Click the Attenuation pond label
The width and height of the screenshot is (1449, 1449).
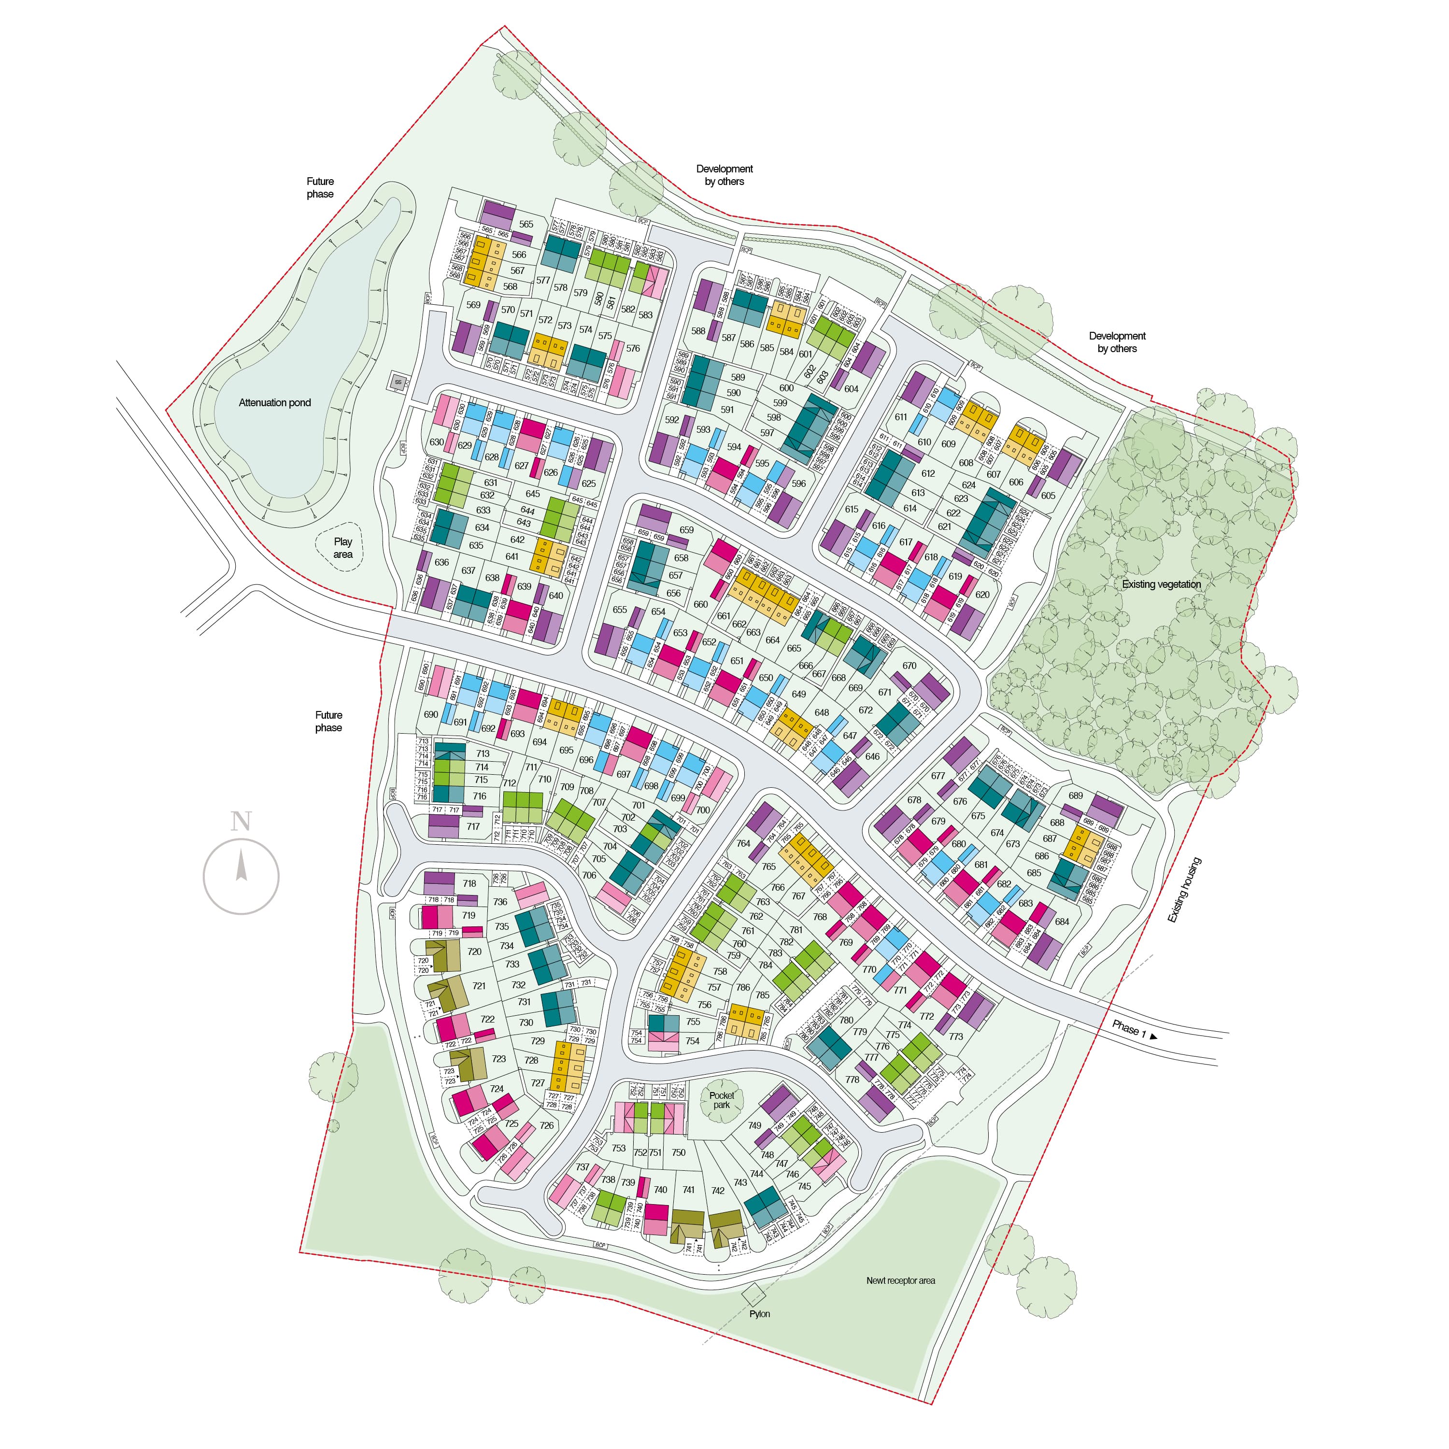point(274,403)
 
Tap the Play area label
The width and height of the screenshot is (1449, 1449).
point(343,548)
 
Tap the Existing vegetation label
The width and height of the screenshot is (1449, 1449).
point(1161,584)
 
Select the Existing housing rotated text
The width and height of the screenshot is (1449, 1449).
point(1184,890)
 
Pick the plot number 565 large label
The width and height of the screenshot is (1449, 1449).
point(526,224)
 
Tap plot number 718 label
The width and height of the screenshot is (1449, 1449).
point(469,883)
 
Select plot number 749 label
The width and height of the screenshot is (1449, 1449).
point(754,1125)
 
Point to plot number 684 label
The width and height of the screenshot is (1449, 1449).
point(1062,922)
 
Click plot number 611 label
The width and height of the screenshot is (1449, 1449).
point(901,417)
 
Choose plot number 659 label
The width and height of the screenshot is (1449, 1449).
point(686,529)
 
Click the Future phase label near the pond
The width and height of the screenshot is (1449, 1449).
point(320,187)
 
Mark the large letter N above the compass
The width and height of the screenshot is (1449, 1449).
point(241,822)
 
